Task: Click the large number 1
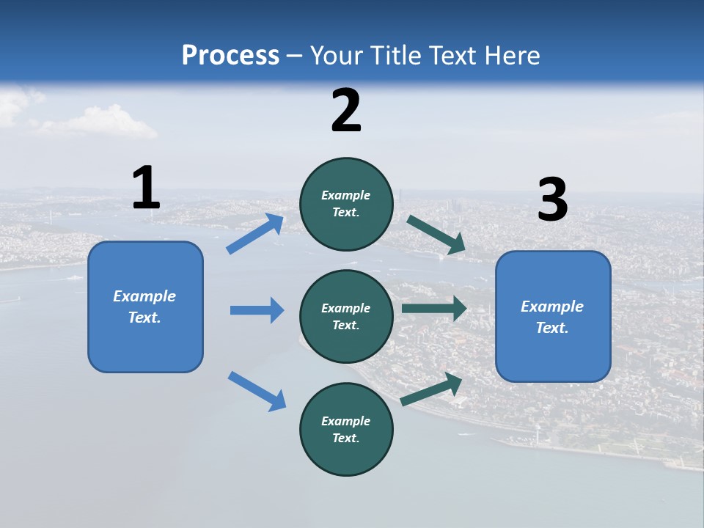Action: click(146, 188)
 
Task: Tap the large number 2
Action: click(346, 111)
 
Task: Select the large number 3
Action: click(552, 200)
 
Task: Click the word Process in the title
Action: click(230, 55)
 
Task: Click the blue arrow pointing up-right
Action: click(255, 234)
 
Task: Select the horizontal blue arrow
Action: click(257, 310)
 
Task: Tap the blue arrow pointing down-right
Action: click(257, 390)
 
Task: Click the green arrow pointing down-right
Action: click(436, 235)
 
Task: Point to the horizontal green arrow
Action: click(434, 308)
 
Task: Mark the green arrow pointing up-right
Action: click(432, 389)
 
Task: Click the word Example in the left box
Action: click(144, 296)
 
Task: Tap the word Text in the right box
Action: click(551, 328)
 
